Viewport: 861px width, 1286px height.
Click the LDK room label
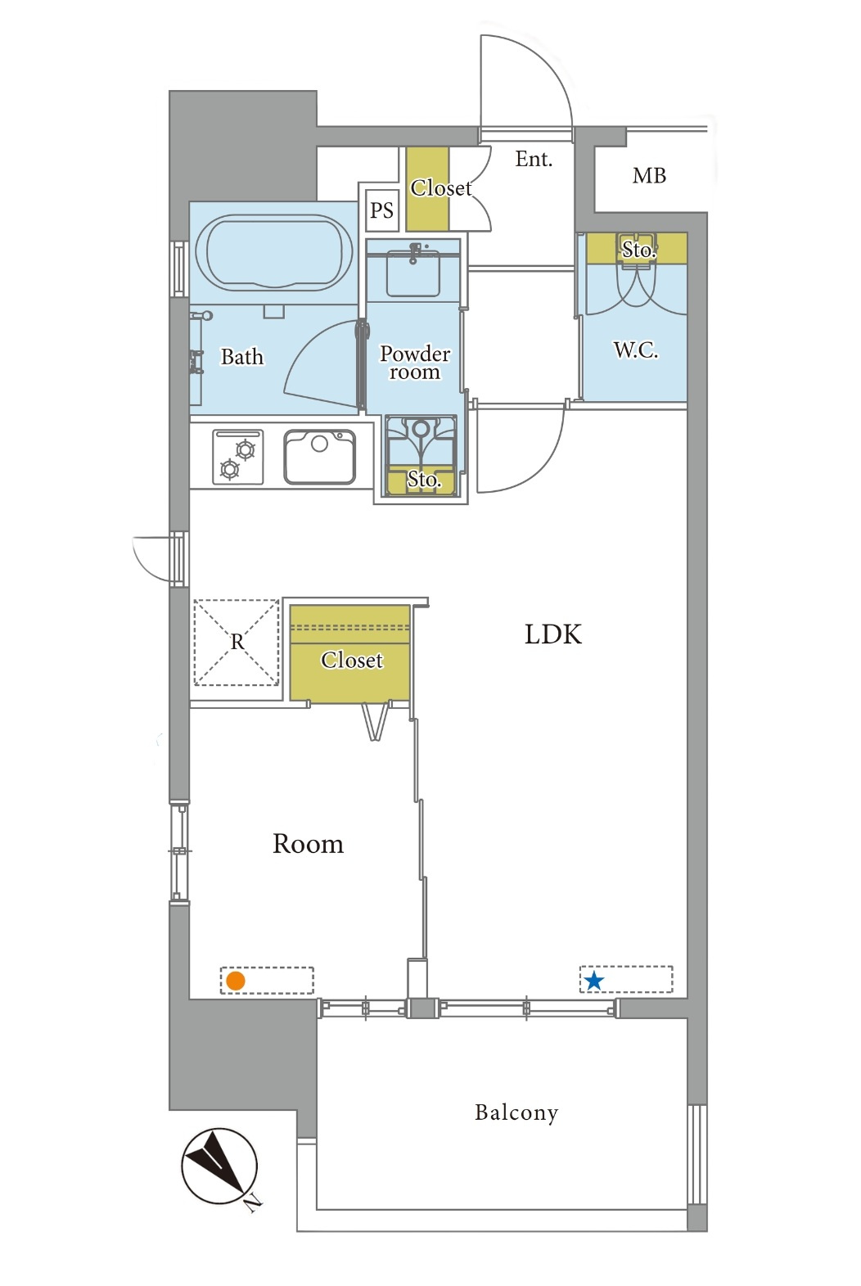coord(553,634)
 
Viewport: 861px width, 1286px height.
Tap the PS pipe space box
coord(381,210)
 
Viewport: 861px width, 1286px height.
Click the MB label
coord(649,176)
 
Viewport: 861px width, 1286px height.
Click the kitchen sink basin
coord(320,457)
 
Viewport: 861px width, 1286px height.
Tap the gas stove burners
coord(238,458)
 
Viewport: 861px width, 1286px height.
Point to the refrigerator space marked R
coord(237,643)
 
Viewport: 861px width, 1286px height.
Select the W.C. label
coord(636,350)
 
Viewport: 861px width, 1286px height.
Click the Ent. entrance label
coord(534,159)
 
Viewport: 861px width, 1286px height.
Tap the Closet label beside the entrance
coord(441,187)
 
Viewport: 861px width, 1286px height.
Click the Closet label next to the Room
coord(351,661)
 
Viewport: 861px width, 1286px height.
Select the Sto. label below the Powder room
coord(424,479)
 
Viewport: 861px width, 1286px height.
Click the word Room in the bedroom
coord(309,844)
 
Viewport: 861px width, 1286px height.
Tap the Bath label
coord(242,357)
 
